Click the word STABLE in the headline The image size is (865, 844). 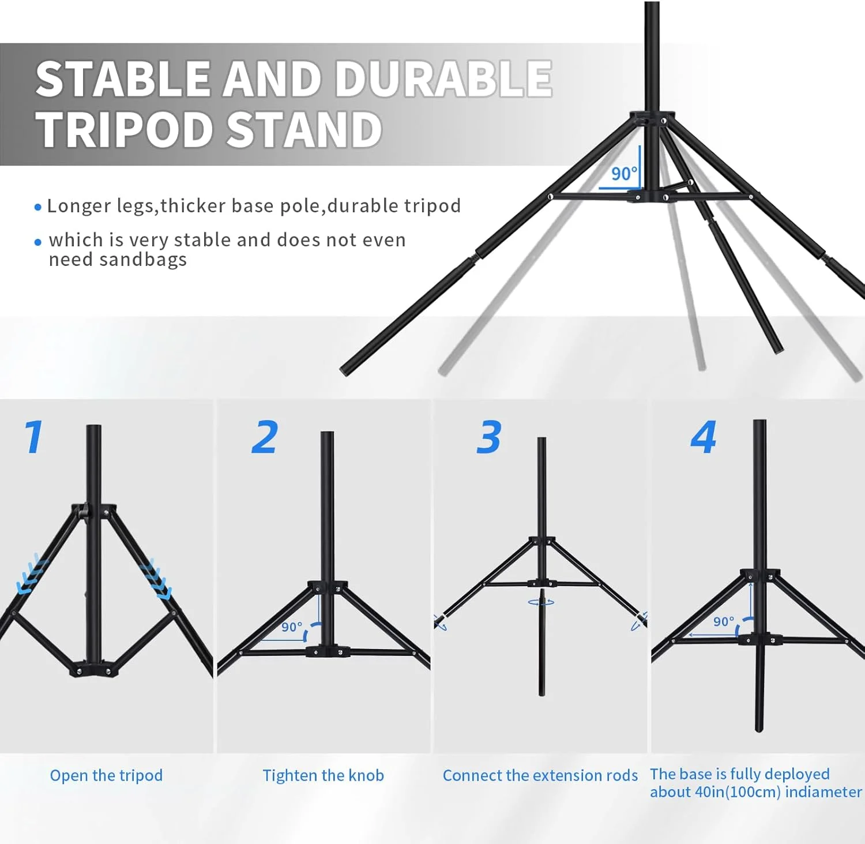point(123,78)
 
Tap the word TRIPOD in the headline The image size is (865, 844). point(125,129)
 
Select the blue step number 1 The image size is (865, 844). point(33,437)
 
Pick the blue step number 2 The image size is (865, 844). point(265,437)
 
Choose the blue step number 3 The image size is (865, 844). point(489,437)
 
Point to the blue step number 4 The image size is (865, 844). point(704,437)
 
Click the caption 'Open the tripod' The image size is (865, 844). point(106,775)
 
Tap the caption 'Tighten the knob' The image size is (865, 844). point(323,775)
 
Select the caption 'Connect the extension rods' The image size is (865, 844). point(540,775)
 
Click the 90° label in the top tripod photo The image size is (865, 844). point(624,173)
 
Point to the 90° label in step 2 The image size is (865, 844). point(292,627)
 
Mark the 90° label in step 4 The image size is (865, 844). point(724,621)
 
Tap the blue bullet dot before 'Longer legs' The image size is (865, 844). point(38,207)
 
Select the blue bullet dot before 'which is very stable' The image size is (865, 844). point(38,242)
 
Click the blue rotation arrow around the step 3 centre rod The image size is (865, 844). point(541,602)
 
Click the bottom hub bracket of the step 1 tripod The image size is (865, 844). point(93,669)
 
